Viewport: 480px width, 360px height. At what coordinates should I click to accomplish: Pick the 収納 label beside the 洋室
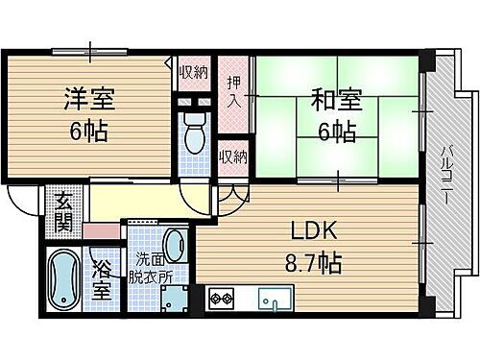click(193, 73)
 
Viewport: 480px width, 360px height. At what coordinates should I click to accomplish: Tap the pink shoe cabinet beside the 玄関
click(99, 230)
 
